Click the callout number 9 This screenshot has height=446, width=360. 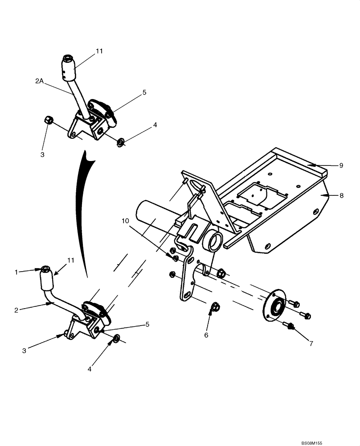[341, 165]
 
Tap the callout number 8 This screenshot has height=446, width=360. [341, 195]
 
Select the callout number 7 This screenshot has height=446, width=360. [311, 343]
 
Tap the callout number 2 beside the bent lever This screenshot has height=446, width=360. [16, 310]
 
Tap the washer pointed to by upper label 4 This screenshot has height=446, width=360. [120, 143]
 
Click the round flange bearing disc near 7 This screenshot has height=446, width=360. [274, 306]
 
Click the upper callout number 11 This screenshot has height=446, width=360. [99, 51]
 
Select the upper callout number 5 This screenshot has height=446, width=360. [144, 92]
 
